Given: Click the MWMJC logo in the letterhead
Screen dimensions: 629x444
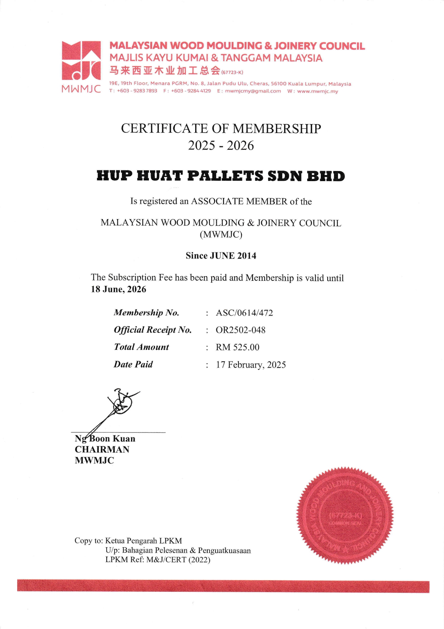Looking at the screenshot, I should (81, 66).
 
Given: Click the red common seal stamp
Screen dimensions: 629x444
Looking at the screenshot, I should (345, 515).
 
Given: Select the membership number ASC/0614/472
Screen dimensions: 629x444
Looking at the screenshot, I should (244, 313).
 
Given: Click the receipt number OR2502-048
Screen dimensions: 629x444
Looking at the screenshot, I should (240, 330).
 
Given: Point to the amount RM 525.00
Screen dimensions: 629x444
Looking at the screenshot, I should (237, 347).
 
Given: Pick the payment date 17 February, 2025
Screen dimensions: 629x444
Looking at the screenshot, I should (251, 365).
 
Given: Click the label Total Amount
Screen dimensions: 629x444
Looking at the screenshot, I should (141, 347).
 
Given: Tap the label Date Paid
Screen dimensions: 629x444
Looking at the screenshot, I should (133, 364).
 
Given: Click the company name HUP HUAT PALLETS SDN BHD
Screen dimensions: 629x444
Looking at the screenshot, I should (221, 176).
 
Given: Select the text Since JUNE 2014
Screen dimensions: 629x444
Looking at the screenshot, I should (221, 256).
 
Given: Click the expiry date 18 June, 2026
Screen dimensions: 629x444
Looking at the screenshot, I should (119, 289).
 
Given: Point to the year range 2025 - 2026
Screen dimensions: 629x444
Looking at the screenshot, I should (221, 146).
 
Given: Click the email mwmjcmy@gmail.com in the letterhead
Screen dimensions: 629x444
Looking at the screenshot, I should (253, 91).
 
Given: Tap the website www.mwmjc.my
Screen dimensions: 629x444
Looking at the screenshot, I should (317, 91).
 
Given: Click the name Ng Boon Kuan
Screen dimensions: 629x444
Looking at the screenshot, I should (105, 439).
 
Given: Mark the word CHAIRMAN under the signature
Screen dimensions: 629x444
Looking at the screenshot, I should (102, 449).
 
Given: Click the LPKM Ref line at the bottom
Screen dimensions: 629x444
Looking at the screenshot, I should (158, 560).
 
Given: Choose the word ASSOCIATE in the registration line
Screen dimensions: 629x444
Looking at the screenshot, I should (217, 202).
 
